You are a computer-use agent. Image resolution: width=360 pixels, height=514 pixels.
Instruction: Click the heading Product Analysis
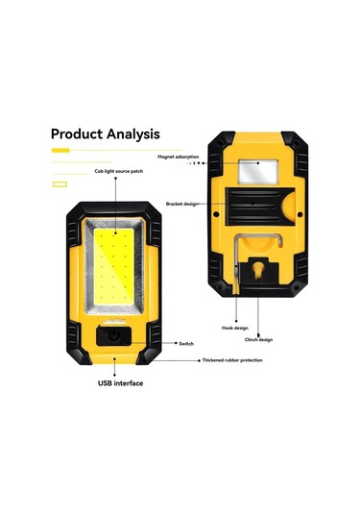coord(105,135)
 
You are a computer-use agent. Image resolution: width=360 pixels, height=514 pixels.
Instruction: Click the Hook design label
coord(248,328)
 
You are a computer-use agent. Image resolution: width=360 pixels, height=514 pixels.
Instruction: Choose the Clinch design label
coord(258,340)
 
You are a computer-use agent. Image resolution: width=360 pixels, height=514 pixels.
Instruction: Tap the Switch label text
coord(185,343)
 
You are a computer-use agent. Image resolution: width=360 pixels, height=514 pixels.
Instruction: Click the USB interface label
coord(120,382)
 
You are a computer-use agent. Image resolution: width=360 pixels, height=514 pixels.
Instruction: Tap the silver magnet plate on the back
coord(256,172)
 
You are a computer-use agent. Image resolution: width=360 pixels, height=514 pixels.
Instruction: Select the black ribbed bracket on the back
coord(253,206)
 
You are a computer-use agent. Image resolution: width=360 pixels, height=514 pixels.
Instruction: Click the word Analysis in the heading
coord(132,135)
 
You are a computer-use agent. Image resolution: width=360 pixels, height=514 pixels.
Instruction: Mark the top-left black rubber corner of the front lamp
coord(73,208)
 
